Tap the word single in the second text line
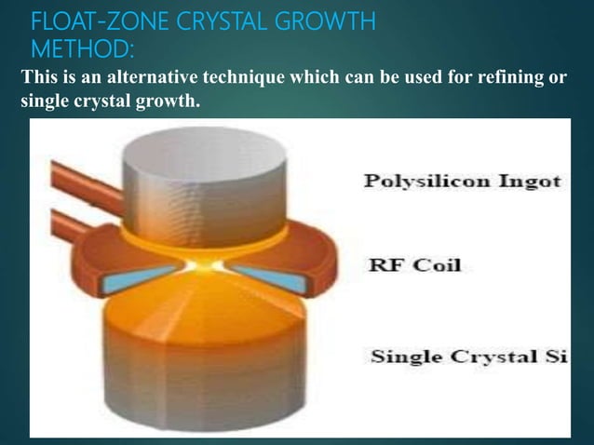click(43, 101)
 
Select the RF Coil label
click(415, 266)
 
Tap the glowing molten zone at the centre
click(206, 266)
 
